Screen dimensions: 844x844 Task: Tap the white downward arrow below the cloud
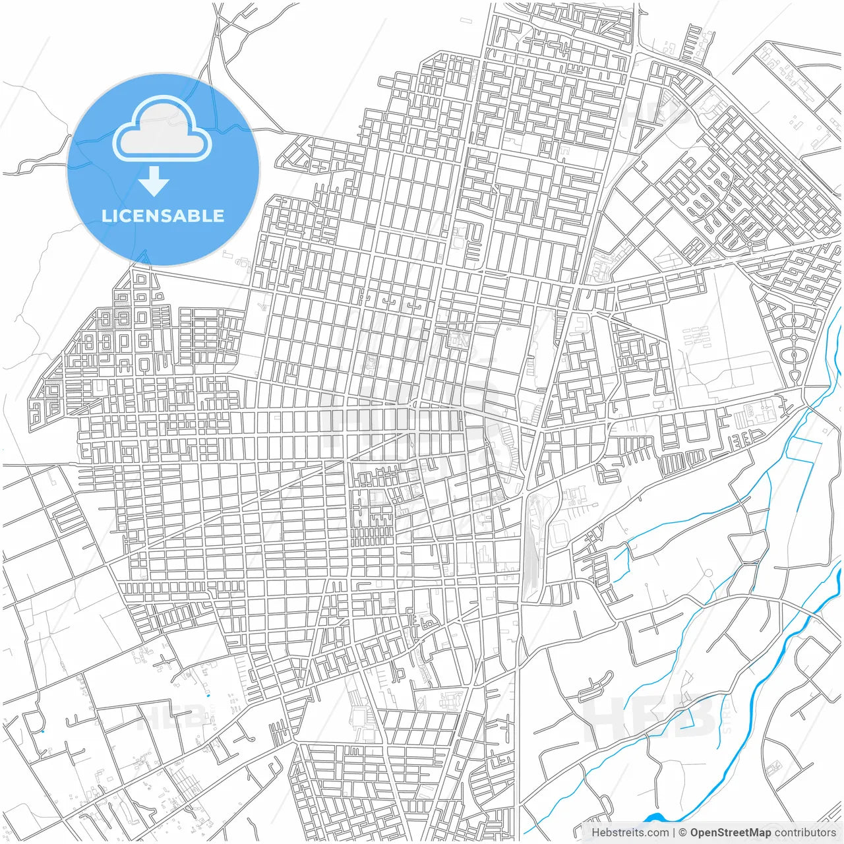pos(154,181)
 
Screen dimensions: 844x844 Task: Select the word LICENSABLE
pos(163,216)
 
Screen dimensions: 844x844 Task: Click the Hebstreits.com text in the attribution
pos(629,833)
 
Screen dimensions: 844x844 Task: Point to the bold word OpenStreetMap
pos(730,833)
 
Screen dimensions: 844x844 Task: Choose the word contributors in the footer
pos(805,833)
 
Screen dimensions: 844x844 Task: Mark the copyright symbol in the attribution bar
pos(683,833)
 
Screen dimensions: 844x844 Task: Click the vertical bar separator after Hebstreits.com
pos(673,833)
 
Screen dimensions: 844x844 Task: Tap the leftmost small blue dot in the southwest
pos(43,731)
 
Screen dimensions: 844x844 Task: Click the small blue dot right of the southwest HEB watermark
pos(208,694)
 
